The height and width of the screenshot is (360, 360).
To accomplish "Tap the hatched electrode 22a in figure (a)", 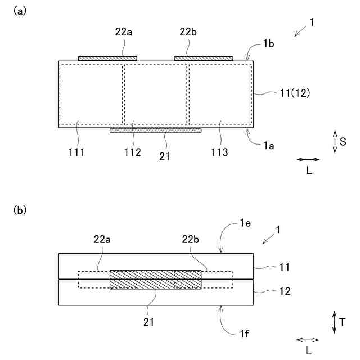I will [107, 58].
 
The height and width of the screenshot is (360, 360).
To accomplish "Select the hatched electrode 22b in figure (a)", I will [204, 58].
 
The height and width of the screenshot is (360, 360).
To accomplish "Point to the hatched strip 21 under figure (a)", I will [155, 130].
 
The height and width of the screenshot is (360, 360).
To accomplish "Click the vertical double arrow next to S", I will [335, 142].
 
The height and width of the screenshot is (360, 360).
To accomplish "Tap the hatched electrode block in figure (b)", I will [155, 280].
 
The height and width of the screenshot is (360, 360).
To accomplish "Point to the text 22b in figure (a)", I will [188, 32].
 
